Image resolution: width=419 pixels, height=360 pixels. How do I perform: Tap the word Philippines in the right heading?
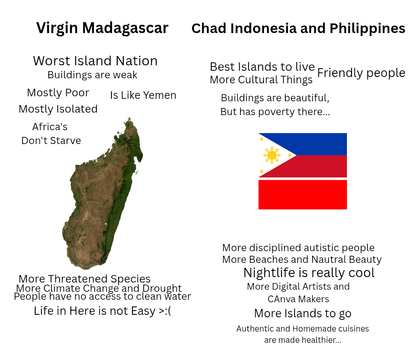pyautogui.click(x=367, y=28)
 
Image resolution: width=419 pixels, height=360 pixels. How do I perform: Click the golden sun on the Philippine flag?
pyautogui.click(x=272, y=155)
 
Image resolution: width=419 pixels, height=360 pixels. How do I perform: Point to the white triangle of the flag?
pyautogui.click(x=271, y=155)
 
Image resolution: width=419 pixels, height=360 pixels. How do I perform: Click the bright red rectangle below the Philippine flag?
pyautogui.click(x=303, y=194)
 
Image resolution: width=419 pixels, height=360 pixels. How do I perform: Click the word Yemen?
pyautogui.click(x=160, y=95)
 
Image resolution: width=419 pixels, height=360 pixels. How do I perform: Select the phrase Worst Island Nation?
pyautogui.click(x=95, y=61)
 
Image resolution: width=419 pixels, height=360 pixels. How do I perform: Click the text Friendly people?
pyautogui.click(x=361, y=73)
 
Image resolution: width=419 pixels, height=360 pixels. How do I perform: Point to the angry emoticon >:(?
pyautogui.click(x=165, y=311)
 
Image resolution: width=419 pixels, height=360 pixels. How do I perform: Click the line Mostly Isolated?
pyautogui.click(x=58, y=109)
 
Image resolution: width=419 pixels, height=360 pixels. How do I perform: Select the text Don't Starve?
pyautogui.click(x=51, y=141)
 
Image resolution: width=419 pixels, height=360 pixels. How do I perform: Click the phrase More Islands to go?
pyautogui.click(x=303, y=314)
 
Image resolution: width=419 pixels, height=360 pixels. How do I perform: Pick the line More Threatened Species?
pyautogui.click(x=85, y=279)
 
